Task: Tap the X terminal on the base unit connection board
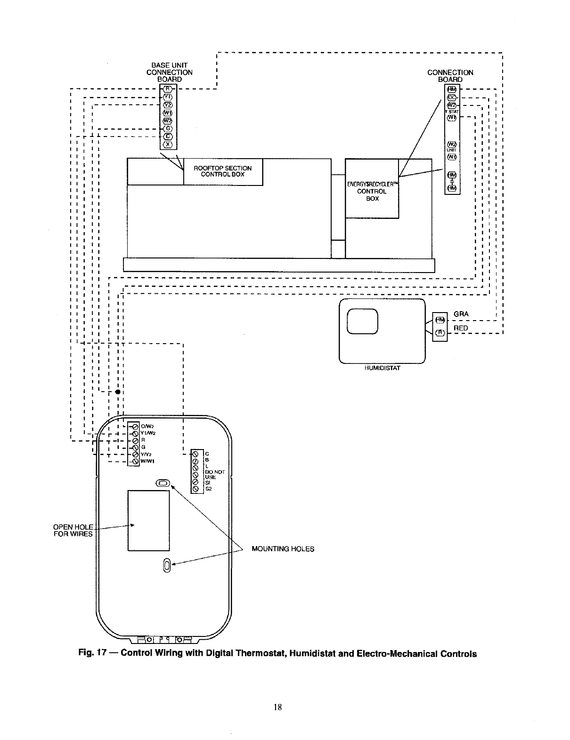pos(168,144)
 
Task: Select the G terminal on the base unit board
pos(168,128)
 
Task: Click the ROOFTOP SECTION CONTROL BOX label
pos(223,171)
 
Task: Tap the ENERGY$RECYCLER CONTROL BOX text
pos(372,191)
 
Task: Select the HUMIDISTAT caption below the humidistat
pos(382,368)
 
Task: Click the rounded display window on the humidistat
pos(362,322)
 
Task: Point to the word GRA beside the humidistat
pos(461,314)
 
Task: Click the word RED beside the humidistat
pos(460,328)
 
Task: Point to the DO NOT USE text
pos(215,474)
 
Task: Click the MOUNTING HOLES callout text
pos(283,549)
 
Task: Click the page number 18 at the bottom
pos(278,707)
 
